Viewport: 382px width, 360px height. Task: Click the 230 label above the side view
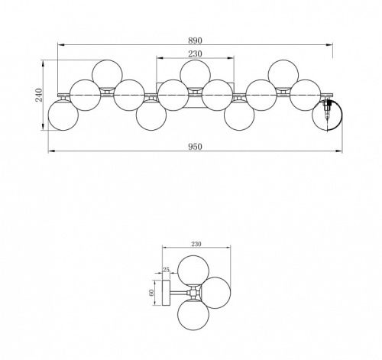click(198, 244)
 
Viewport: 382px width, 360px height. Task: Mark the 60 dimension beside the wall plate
click(153, 291)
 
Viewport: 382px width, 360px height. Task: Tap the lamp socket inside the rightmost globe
click(329, 112)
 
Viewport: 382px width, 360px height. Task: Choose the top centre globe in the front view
click(196, 75)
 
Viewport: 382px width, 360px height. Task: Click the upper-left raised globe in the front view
click(107, 75)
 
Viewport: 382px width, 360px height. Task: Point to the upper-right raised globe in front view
click(283, 75)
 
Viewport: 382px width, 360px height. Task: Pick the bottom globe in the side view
click(193, 316)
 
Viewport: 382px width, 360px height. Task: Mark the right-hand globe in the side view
click(218, 293)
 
